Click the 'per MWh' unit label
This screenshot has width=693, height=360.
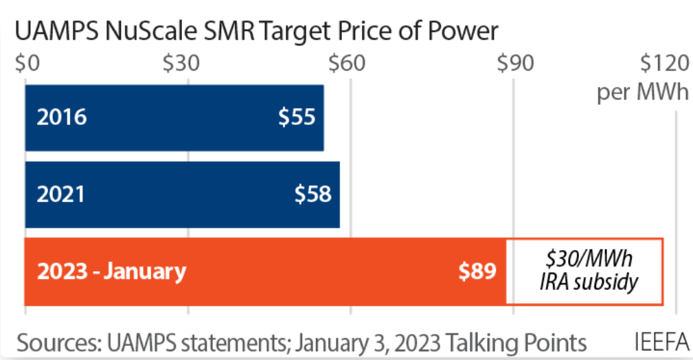point(642,92)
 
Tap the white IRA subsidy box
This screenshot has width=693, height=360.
point(584,271)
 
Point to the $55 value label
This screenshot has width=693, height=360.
point(297,117)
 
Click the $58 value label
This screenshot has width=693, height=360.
point(313,194)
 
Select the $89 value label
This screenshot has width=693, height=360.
point(477,271)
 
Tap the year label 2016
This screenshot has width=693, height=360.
point(62,117)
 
